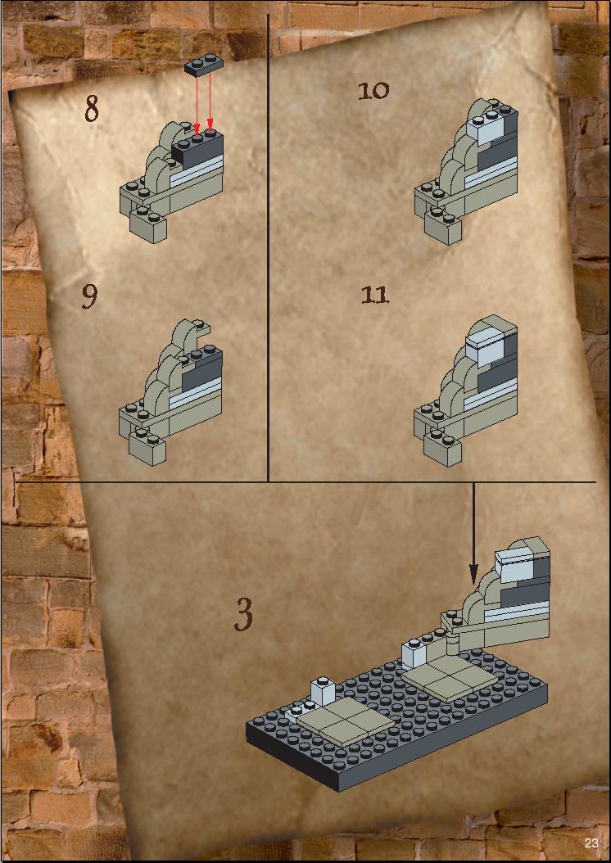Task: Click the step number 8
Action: pyautogui.click(x=92, y=108)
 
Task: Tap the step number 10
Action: pyautogui.click(x=373, y=90)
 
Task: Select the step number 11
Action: pyautogui.click(x=375, y=295)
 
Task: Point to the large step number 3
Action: pyautogui.click(x=243, y=614)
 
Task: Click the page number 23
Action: pyautogui.click(x=591, y=843)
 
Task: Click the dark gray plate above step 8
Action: pyautogui.click(x=204, y=64)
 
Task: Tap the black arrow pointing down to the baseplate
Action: pyautogui.click(x=473, y=533)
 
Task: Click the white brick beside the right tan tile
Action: pyautogui.click(x=415, y=654)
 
